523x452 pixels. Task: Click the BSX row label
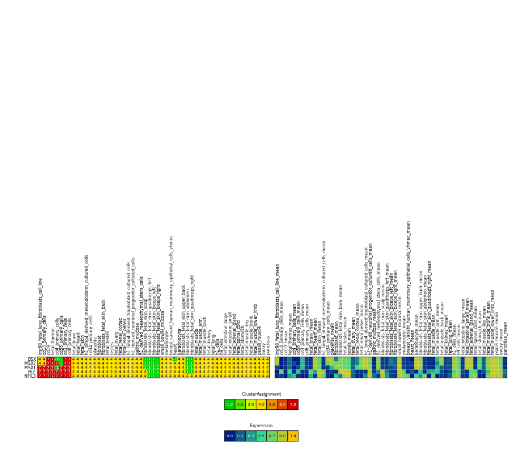[32, 359]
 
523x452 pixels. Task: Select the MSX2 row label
[30, 363]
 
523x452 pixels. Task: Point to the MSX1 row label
[30, 368]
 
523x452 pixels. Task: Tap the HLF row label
[32, 372]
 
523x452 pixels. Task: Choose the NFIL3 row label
[30, 376]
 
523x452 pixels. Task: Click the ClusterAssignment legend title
[261, 394]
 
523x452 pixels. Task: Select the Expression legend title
[261, 426]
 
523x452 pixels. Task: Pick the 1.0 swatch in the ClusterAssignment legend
[229, 405]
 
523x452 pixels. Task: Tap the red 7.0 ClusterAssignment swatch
[293, 405]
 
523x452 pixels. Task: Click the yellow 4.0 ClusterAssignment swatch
[261, 405]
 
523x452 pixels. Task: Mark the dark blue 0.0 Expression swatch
[229, 436]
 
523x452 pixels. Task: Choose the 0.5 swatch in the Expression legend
[261, 436]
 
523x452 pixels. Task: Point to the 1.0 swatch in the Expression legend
[293, 436]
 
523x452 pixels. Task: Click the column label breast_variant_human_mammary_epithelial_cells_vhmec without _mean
[171, 295]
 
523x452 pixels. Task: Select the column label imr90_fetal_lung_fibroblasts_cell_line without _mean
[40, 317]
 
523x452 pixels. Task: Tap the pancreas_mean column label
[505, 338]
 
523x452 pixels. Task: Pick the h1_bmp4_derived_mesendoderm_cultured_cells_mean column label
[324, 298]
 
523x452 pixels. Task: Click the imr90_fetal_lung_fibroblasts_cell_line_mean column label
[277, 309]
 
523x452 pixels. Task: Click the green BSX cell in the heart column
[175, 359]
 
